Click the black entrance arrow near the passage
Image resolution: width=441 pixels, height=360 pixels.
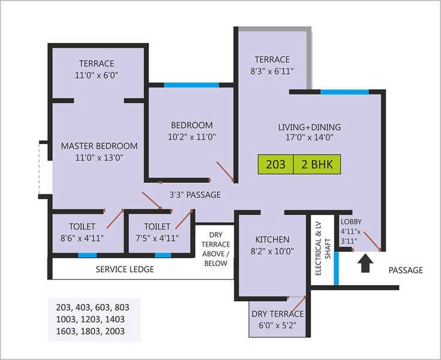(x=365, y=263)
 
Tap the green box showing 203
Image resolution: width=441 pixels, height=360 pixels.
(x=275, y=164)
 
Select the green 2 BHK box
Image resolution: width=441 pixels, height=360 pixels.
(x=317, y=164)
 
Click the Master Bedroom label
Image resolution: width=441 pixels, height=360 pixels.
(x=99, y=146)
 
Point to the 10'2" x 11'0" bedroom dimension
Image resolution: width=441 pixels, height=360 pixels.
(x=192, y=137)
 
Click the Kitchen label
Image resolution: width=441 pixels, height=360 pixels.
(x=272, y=239)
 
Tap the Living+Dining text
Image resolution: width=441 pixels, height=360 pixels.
(x=310, y=127)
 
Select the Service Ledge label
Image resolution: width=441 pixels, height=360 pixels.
(x=125, y=269)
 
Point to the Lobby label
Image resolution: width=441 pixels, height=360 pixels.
(x=351, y=221)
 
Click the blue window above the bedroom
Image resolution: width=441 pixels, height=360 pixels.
(x=191, y=85)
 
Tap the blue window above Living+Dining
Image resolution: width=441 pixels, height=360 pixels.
(x=344, y=92)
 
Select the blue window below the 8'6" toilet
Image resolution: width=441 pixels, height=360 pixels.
(x=88, y=256)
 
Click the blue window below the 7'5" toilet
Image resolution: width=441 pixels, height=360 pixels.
(x=163, y=256)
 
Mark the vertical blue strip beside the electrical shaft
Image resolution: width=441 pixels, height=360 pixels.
(x=336, y=268)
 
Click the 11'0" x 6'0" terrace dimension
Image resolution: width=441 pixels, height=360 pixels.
(x=96, y=75)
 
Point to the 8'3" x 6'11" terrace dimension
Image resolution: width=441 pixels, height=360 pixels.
(x=272, y=71)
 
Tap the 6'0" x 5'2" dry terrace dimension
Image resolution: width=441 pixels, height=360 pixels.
(x=278, y=325)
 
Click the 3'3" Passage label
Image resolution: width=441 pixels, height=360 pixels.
(x=195, y=194)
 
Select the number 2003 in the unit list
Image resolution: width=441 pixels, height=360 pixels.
(x=115, y=331)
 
